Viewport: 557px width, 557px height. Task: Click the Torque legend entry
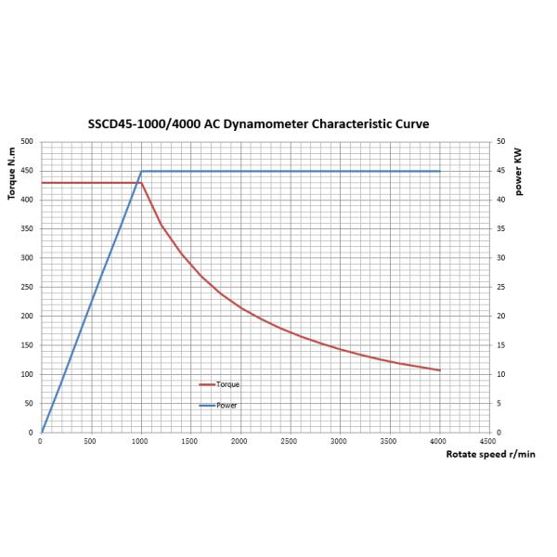point(227,383)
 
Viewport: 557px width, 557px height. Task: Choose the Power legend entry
point(226,406)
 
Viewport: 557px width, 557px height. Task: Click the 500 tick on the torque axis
point(27,141)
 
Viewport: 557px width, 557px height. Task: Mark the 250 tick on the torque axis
point(27,287)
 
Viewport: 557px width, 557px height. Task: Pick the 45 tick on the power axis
point(500,171)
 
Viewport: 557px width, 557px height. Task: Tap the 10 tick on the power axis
point(500,374)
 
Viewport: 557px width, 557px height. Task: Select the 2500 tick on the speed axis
point(290,441)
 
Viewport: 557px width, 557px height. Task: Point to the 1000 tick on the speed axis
point(141,441)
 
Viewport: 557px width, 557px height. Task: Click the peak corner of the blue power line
point(141,171)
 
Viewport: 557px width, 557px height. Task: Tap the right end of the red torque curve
point(439,370)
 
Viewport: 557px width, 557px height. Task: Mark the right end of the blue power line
point(439,171)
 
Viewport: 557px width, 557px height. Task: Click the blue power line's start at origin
point(42,432)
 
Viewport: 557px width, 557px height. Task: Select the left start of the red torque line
point(42,183)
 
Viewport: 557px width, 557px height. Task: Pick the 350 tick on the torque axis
point(27,228)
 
